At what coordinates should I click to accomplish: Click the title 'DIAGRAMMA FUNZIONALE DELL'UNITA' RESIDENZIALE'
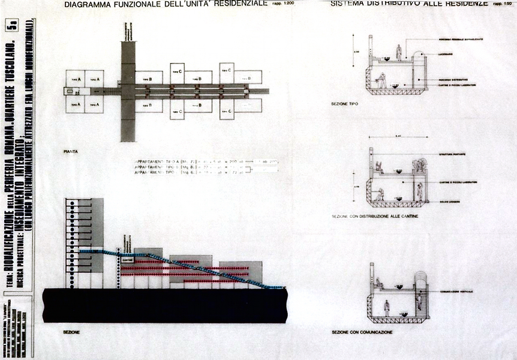165,5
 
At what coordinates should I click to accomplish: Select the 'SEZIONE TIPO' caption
344,104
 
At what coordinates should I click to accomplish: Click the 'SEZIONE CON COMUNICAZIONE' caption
362,332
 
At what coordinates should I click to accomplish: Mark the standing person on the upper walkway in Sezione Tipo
399,52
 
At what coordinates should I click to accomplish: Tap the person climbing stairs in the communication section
419,301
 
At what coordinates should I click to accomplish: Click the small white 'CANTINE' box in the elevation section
127,259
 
